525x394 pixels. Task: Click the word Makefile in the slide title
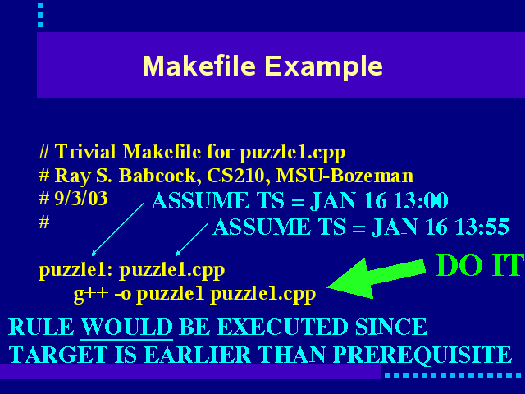199,66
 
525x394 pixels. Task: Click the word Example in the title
324,66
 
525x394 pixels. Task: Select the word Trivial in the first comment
85,151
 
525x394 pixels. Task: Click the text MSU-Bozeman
345,175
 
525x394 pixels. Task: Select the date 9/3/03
81,199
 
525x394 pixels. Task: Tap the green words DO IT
480,265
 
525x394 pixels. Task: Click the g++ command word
91,294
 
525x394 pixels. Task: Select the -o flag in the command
122,294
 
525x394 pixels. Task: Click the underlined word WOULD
127,327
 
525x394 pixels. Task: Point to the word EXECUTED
282,327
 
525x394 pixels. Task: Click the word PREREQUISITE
422,355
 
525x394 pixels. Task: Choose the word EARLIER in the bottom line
198,355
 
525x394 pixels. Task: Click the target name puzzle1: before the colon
73,270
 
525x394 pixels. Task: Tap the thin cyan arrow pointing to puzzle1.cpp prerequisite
192,240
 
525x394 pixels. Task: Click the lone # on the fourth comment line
44,222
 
